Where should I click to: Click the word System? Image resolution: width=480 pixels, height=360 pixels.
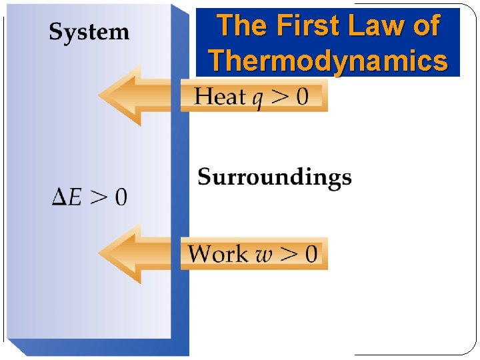click(x=89, y=32)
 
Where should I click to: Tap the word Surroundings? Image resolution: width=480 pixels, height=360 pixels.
click(x=275, y=177)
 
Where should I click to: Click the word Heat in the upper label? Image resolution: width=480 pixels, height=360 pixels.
click(x=220, y=97)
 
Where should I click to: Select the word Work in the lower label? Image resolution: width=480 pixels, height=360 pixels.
click(x=217, y=253)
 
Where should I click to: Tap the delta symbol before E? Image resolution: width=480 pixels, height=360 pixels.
click(x=59, y=197)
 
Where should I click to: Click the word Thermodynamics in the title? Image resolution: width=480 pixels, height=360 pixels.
click(x=328, y=61)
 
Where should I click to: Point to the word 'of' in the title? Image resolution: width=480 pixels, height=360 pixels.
click(x=425, y=27)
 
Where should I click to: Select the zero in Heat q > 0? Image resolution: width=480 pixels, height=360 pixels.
click(x=301, y=97)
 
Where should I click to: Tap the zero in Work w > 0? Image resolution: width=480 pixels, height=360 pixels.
click(x=311, y=253)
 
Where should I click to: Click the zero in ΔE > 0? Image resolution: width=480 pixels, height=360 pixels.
click(x=119, y=197)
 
